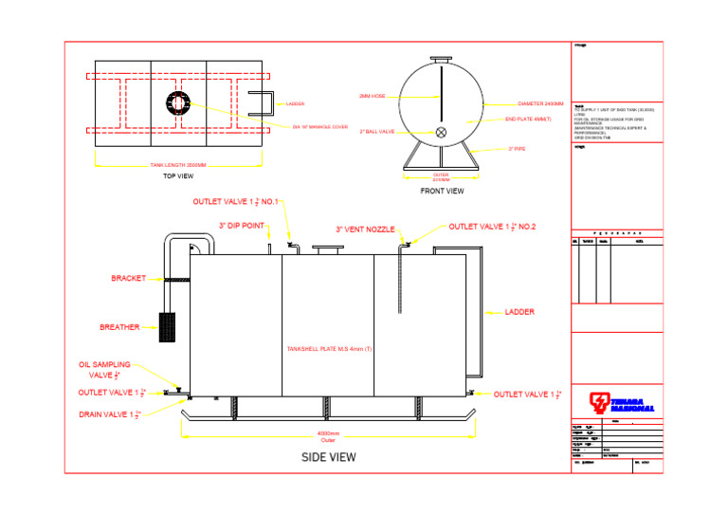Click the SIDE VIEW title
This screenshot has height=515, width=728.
[328, 457]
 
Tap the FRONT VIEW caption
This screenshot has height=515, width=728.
[442, 191]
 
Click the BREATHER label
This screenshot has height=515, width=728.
[119, 327]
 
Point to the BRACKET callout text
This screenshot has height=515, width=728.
[128, 279]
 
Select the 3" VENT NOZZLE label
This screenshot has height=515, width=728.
[365, 230]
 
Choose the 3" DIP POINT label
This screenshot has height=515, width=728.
[241, 226]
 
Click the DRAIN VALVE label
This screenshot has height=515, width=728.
[110, 414]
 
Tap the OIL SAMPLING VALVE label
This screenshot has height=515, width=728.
[105, 369]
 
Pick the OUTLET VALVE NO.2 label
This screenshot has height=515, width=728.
[492, 227]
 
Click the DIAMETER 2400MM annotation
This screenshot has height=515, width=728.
[540, 103]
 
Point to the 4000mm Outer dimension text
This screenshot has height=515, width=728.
[328, 436]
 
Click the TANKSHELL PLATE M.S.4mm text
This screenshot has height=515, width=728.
[328, 349]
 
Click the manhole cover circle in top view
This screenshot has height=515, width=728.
[177, 102]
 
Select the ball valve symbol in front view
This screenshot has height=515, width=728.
[441, 133]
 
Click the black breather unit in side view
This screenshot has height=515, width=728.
[167, 326]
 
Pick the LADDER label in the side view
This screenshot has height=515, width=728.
[520, 312]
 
